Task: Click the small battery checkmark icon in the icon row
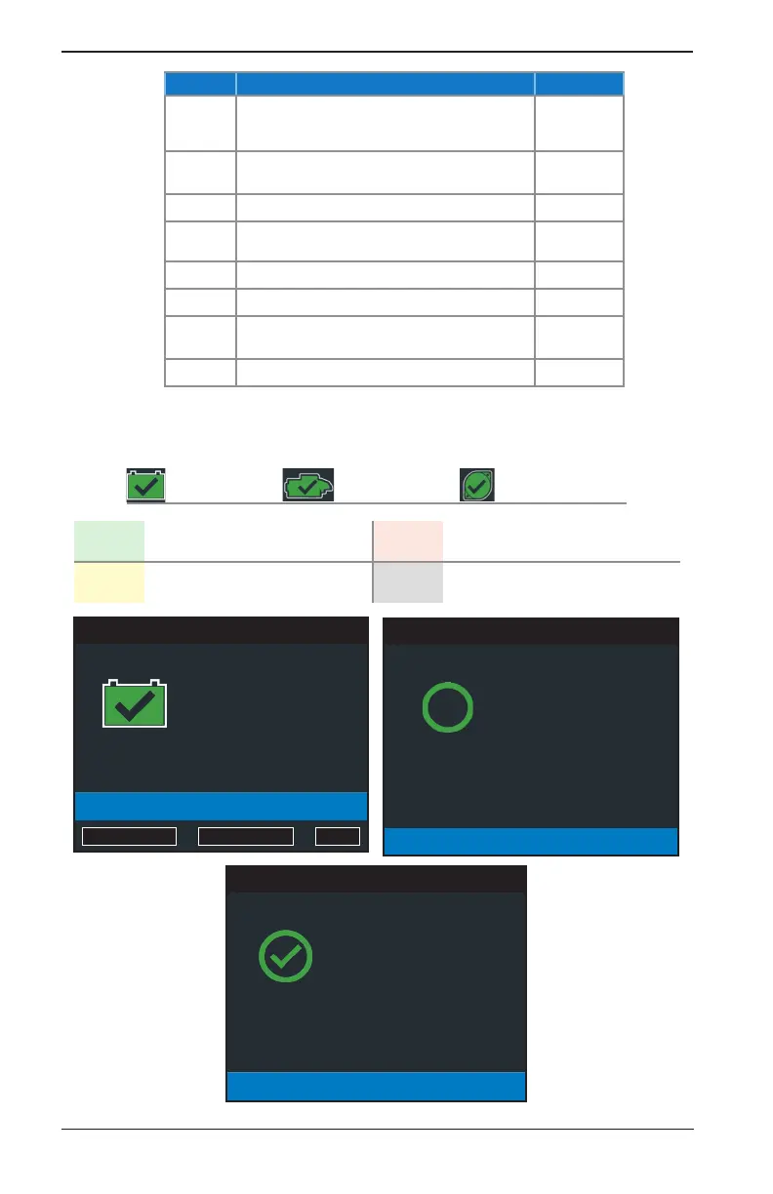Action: coord(145,485)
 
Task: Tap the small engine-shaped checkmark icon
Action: coord(308,485)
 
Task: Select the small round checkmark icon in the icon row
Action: coord(477,485)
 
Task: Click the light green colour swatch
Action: coord(109,540)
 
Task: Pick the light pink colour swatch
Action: coord(408,540)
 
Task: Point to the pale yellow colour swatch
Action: coord(109,582)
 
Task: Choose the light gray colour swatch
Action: coord(408,582)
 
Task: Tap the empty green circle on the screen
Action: coord(448,707)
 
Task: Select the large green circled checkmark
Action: coord(286,956)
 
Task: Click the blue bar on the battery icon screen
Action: coord(221,806)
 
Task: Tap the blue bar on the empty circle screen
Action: coord(530,841)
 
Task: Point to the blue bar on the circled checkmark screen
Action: coord(376,1087)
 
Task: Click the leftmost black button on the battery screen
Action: coord(129,836)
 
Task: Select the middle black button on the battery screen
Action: coord(246,836)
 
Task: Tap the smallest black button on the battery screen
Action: coord(337,836)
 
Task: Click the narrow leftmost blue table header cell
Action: coord(200,84)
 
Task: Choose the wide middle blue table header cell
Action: coord(385,84)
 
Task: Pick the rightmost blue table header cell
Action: coord(579,84)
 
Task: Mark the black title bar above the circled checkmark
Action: coord(376,879)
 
